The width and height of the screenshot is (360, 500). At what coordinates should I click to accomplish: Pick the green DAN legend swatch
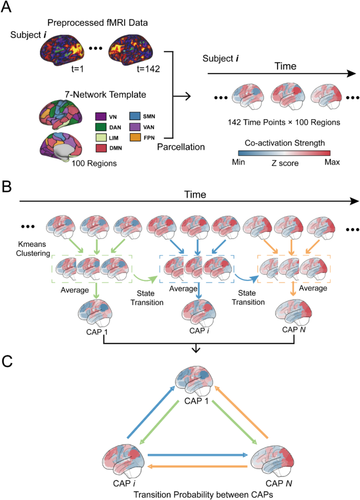(x=101, y=126)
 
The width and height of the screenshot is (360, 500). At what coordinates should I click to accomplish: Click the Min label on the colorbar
(x=239, y=163)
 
